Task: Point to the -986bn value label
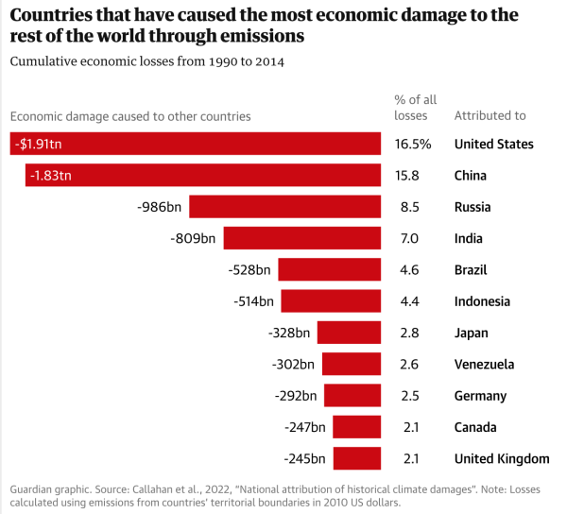[161, 207]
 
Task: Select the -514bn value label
[253, 301]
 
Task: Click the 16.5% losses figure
[413, 145]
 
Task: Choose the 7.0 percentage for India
[409, 239]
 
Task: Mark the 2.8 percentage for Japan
[409, 334]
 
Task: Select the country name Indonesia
[482, 301]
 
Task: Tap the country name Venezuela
[485, 365]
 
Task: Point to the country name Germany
[481, 396]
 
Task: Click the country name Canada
[475, 428]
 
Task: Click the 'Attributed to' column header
[490, 116]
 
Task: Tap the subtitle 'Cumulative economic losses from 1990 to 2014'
[146, 61]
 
